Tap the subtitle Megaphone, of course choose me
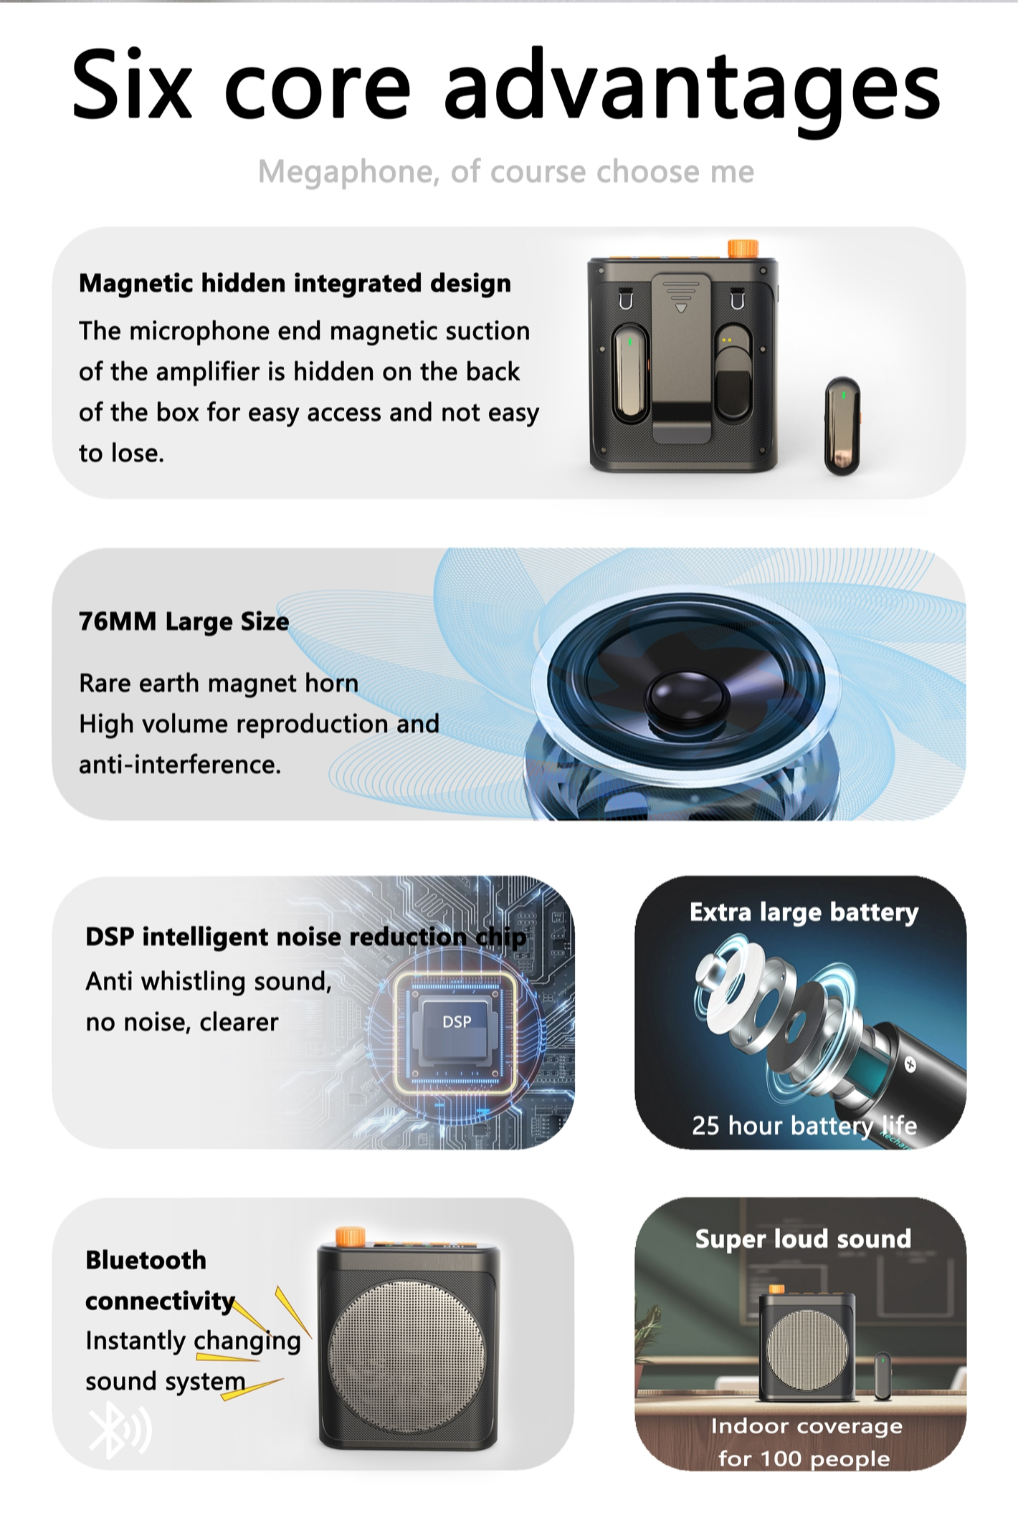point(506,172)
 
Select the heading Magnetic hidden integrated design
point(295,284)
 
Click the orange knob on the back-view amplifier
point(743,248)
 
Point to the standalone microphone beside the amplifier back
point(842,426)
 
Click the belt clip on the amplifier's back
point(681,358)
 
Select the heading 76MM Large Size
point(184,621)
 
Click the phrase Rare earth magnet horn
point(219,683)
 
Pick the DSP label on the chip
point(457,1021)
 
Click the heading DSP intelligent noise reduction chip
point(306,937)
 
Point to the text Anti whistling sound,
point(209,981)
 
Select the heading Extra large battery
point(804,912)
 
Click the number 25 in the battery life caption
point(705,1125)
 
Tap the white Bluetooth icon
point(119,1429)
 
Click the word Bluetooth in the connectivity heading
point(146,1260)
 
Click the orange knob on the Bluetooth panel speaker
point(351,1236)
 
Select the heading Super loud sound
point(803,1239)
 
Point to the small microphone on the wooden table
point(883,1375)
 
